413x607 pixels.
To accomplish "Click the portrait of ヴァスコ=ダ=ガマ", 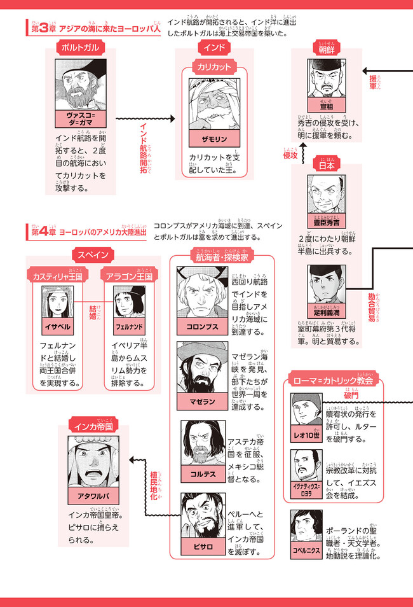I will coord(81,85).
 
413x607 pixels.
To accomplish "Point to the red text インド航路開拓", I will coord(144,147).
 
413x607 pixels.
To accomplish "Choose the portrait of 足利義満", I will coord(325,284).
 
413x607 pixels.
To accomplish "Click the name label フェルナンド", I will coord(126,326).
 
